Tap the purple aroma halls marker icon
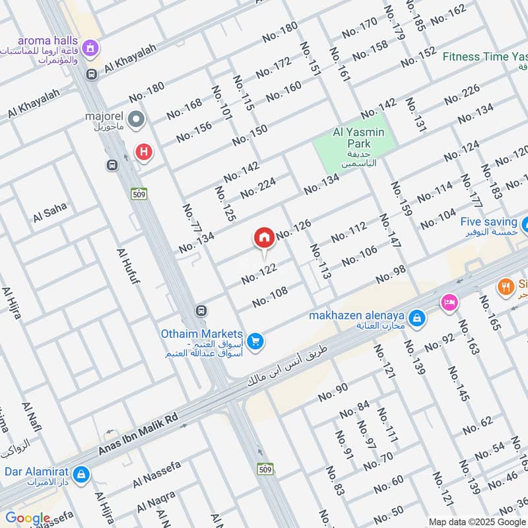click(x=92, y=48)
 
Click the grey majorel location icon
click(x=136, y=120)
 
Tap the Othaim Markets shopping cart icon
click(x=257, y=341)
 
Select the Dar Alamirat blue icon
click(x=81, y=475)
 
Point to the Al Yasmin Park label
click(x=358, y=133)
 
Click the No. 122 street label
click(x=259, y=274)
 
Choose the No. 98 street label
click(x=391, y=275)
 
